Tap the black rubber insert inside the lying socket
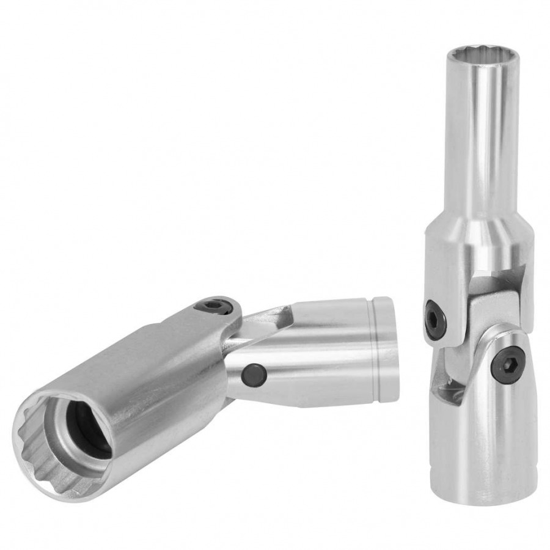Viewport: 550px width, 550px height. (x=92, y=431)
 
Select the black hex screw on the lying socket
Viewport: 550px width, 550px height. (x=215, y=306)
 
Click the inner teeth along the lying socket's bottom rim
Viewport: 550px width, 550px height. (x=67, y=483)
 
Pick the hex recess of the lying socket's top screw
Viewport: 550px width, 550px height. (x=215, y=305)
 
